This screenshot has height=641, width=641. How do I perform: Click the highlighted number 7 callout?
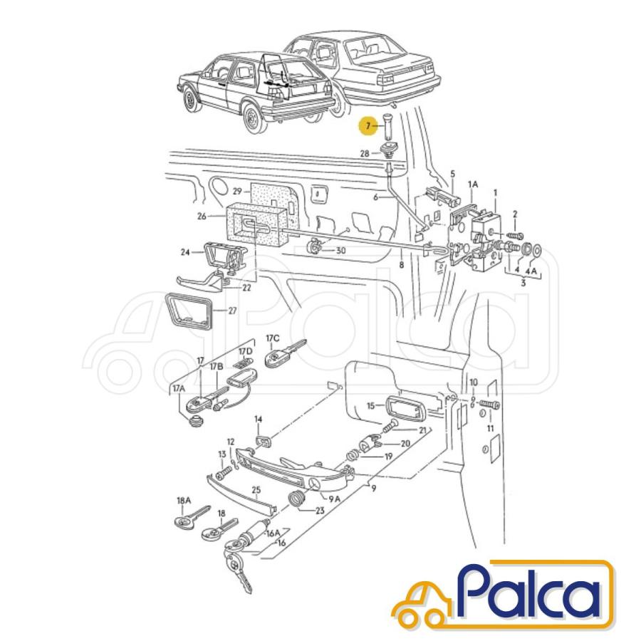click(368, 126)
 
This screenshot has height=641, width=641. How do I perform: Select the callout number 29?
click(237, 191)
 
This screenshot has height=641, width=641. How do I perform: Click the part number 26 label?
click(202, 216)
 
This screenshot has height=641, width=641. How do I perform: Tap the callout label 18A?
click(184, 501)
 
